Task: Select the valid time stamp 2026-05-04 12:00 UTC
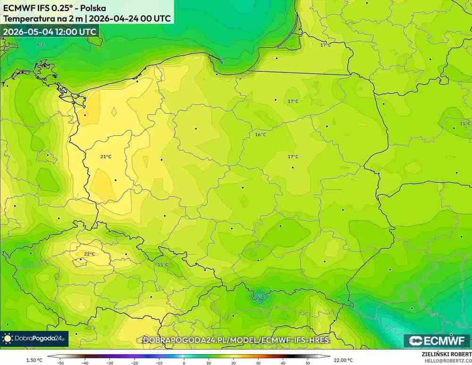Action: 50,32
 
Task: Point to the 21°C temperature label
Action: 105,156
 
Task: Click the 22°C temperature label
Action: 89,254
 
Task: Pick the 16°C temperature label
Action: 261,135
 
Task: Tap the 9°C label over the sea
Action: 41,45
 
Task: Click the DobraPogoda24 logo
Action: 34,338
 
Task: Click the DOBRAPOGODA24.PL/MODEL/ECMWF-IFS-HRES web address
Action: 236,340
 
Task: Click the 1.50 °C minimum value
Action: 34,360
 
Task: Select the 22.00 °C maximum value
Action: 343,360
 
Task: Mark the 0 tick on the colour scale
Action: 184,363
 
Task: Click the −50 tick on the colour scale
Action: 60,363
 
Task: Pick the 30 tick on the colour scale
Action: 258,363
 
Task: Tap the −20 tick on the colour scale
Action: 135,363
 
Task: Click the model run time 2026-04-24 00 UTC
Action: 130,19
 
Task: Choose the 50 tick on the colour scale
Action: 307,363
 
